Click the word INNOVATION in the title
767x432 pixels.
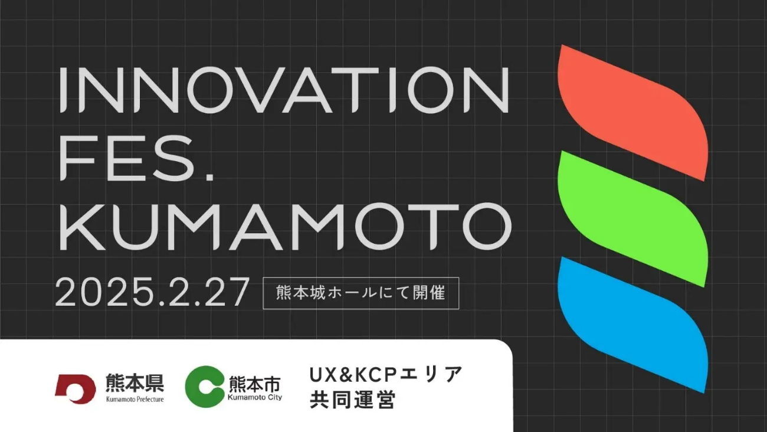pos(284,90)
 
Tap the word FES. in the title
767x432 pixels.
pos(137,158)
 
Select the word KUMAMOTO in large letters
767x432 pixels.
pos(285,227)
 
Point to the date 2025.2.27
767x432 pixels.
pos(152,292)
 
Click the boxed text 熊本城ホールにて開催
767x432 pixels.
pos(360,293)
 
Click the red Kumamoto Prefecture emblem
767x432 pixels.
pos(76,389)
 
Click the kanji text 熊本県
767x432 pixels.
pos(135,382)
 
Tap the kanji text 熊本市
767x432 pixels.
pos(255,384)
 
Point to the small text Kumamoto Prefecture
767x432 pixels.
pos(135,399)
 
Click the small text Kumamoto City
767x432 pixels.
pos(255,397)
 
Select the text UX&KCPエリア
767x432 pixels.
pos(386,374)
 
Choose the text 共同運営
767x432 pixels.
pos(353,400)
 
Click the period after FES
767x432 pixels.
pos(209,177)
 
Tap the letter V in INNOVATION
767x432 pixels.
pos(255,90)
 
